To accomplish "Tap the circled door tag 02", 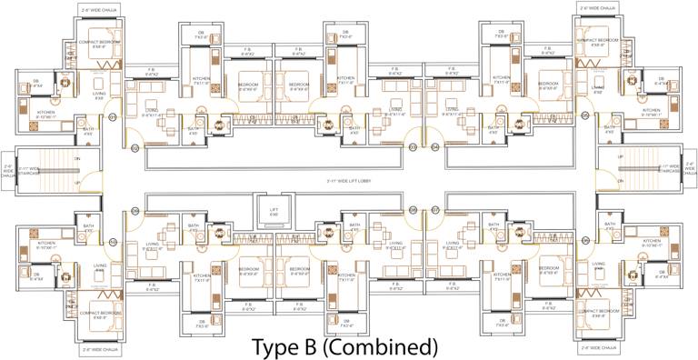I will coord(135,147).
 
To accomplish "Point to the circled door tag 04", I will coord(435,147).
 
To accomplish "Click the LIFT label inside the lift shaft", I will coord(274,211).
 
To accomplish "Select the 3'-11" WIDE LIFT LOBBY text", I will coord(349,182).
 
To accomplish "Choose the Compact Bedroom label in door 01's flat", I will coord(99,43).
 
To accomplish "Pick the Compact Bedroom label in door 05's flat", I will coord(599,42).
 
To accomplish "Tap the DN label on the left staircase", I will coord(77,158).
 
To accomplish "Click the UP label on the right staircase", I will coord(621,184).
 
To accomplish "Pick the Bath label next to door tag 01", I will coord(88,131).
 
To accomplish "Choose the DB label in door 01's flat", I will coord(38,83).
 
